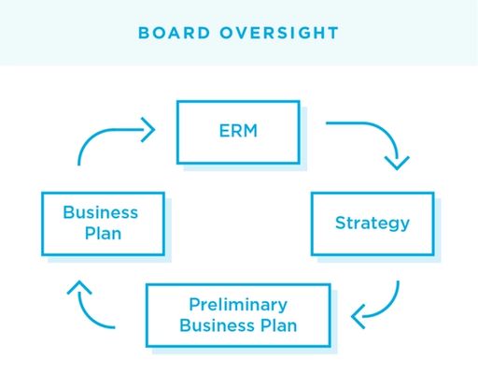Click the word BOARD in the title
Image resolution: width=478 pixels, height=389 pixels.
[x=174, y=33]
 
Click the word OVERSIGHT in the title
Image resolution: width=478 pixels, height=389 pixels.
[x=279, y=33]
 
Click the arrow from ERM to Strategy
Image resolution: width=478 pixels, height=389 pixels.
[x=385, y=132]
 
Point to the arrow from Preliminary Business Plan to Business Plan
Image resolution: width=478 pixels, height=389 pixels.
[x=85, y=311]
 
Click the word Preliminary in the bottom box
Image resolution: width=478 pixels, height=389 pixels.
[x=238, y=305]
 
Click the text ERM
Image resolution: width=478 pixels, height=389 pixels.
[x=238, y=131]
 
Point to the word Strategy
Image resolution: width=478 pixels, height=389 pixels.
[x=373, y=223]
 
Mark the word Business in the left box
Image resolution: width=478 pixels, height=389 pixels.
[x=101, y=212]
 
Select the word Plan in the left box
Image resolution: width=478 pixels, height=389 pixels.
[x=103, y=234]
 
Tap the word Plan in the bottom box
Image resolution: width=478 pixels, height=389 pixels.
[x=279, y=325]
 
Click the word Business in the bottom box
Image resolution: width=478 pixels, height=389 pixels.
[x=218, y=325]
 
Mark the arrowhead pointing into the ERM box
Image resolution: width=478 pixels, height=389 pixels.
[x=149, y=130]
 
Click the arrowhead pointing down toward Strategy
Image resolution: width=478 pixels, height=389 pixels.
[x=397, y=164]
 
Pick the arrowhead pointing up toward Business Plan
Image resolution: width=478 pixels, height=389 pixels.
[x=79, y=287]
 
